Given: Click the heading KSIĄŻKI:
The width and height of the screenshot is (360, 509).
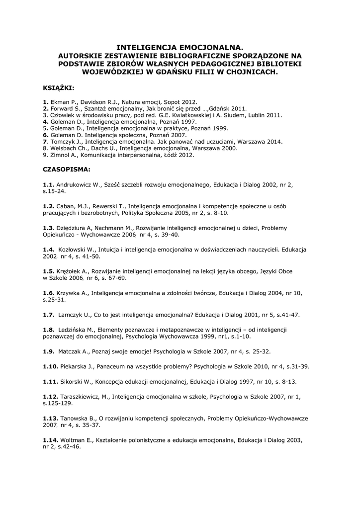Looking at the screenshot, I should [58, 88].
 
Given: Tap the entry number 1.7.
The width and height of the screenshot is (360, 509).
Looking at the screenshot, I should [48, 315].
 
